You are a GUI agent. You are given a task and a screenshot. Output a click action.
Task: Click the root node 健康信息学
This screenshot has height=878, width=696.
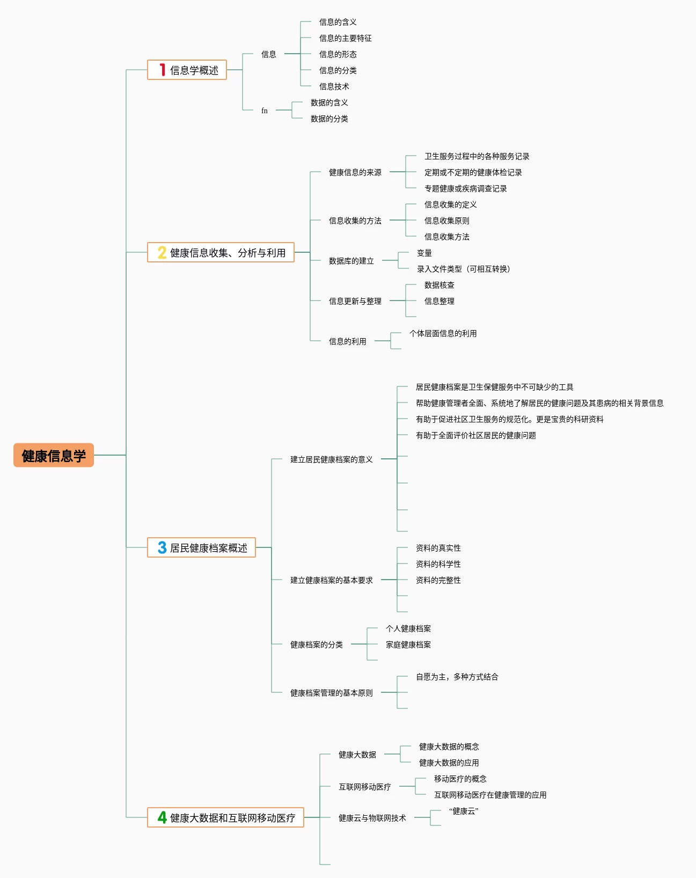(x=54, y=455)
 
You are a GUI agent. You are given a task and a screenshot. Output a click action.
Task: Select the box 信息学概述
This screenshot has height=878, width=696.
(x=187, y=70)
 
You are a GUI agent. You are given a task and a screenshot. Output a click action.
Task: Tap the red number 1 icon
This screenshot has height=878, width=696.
(x=163, y=70)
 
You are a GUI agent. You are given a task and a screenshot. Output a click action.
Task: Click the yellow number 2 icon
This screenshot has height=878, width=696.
(x=162, y=253)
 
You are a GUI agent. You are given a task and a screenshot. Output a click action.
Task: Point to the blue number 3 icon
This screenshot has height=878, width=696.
(x=162, y=547)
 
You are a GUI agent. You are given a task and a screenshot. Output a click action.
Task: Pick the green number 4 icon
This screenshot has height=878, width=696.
(x=162, y=817)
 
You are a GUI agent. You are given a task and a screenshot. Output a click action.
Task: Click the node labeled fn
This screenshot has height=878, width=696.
(x=265, y=111)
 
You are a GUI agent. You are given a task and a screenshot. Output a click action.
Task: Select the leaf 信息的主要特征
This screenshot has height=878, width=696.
(x=345, y=38)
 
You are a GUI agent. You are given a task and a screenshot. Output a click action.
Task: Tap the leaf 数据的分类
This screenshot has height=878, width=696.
(x=329, y=119)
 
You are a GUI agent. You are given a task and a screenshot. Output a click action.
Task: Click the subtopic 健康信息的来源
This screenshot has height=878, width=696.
(x=355, y=173)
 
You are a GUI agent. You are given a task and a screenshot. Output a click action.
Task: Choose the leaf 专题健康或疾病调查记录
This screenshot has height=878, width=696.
(x=465, y=188)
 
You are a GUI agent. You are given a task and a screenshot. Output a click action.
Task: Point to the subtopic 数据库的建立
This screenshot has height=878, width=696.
(x=351, y=261)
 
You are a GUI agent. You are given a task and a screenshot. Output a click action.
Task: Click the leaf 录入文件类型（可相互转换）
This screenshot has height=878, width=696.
(x=464, y=269)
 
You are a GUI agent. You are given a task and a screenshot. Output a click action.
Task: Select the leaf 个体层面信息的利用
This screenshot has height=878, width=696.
(x=443, y=333)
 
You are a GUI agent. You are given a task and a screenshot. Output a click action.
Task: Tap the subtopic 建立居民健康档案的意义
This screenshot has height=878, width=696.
(x=331, y=459)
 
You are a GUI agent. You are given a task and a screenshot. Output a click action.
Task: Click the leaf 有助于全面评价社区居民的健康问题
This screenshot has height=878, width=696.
(x=475, y=435)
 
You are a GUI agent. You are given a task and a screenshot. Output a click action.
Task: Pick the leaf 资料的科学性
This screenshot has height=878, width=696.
(x=438, y=564)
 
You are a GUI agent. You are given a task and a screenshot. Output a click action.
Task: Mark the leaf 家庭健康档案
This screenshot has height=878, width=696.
(x=408, y=645)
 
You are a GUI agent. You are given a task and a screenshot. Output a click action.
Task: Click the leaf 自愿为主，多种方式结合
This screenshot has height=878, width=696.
(x=457, y=677)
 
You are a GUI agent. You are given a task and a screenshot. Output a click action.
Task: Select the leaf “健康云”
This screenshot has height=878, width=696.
(x=464, y=811)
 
